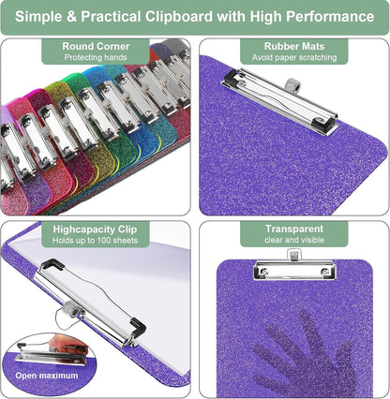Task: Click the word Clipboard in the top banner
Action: pos(178,17)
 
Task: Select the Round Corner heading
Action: pos(96,46)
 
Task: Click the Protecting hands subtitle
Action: pos(96,57)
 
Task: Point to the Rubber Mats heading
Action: pos(294,46)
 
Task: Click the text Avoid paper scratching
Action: pos(294,57)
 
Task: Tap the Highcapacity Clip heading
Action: pos(95,229)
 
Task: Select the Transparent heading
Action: pos(294,229)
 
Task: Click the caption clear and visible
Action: pos(294,240)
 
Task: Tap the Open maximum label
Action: pos(47,376)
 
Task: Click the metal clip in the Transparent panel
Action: pos(294,270)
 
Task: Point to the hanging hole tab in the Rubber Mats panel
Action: pos(292,85)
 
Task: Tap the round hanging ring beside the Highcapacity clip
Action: pos(69,316)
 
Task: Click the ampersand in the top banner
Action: pos(71,16)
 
